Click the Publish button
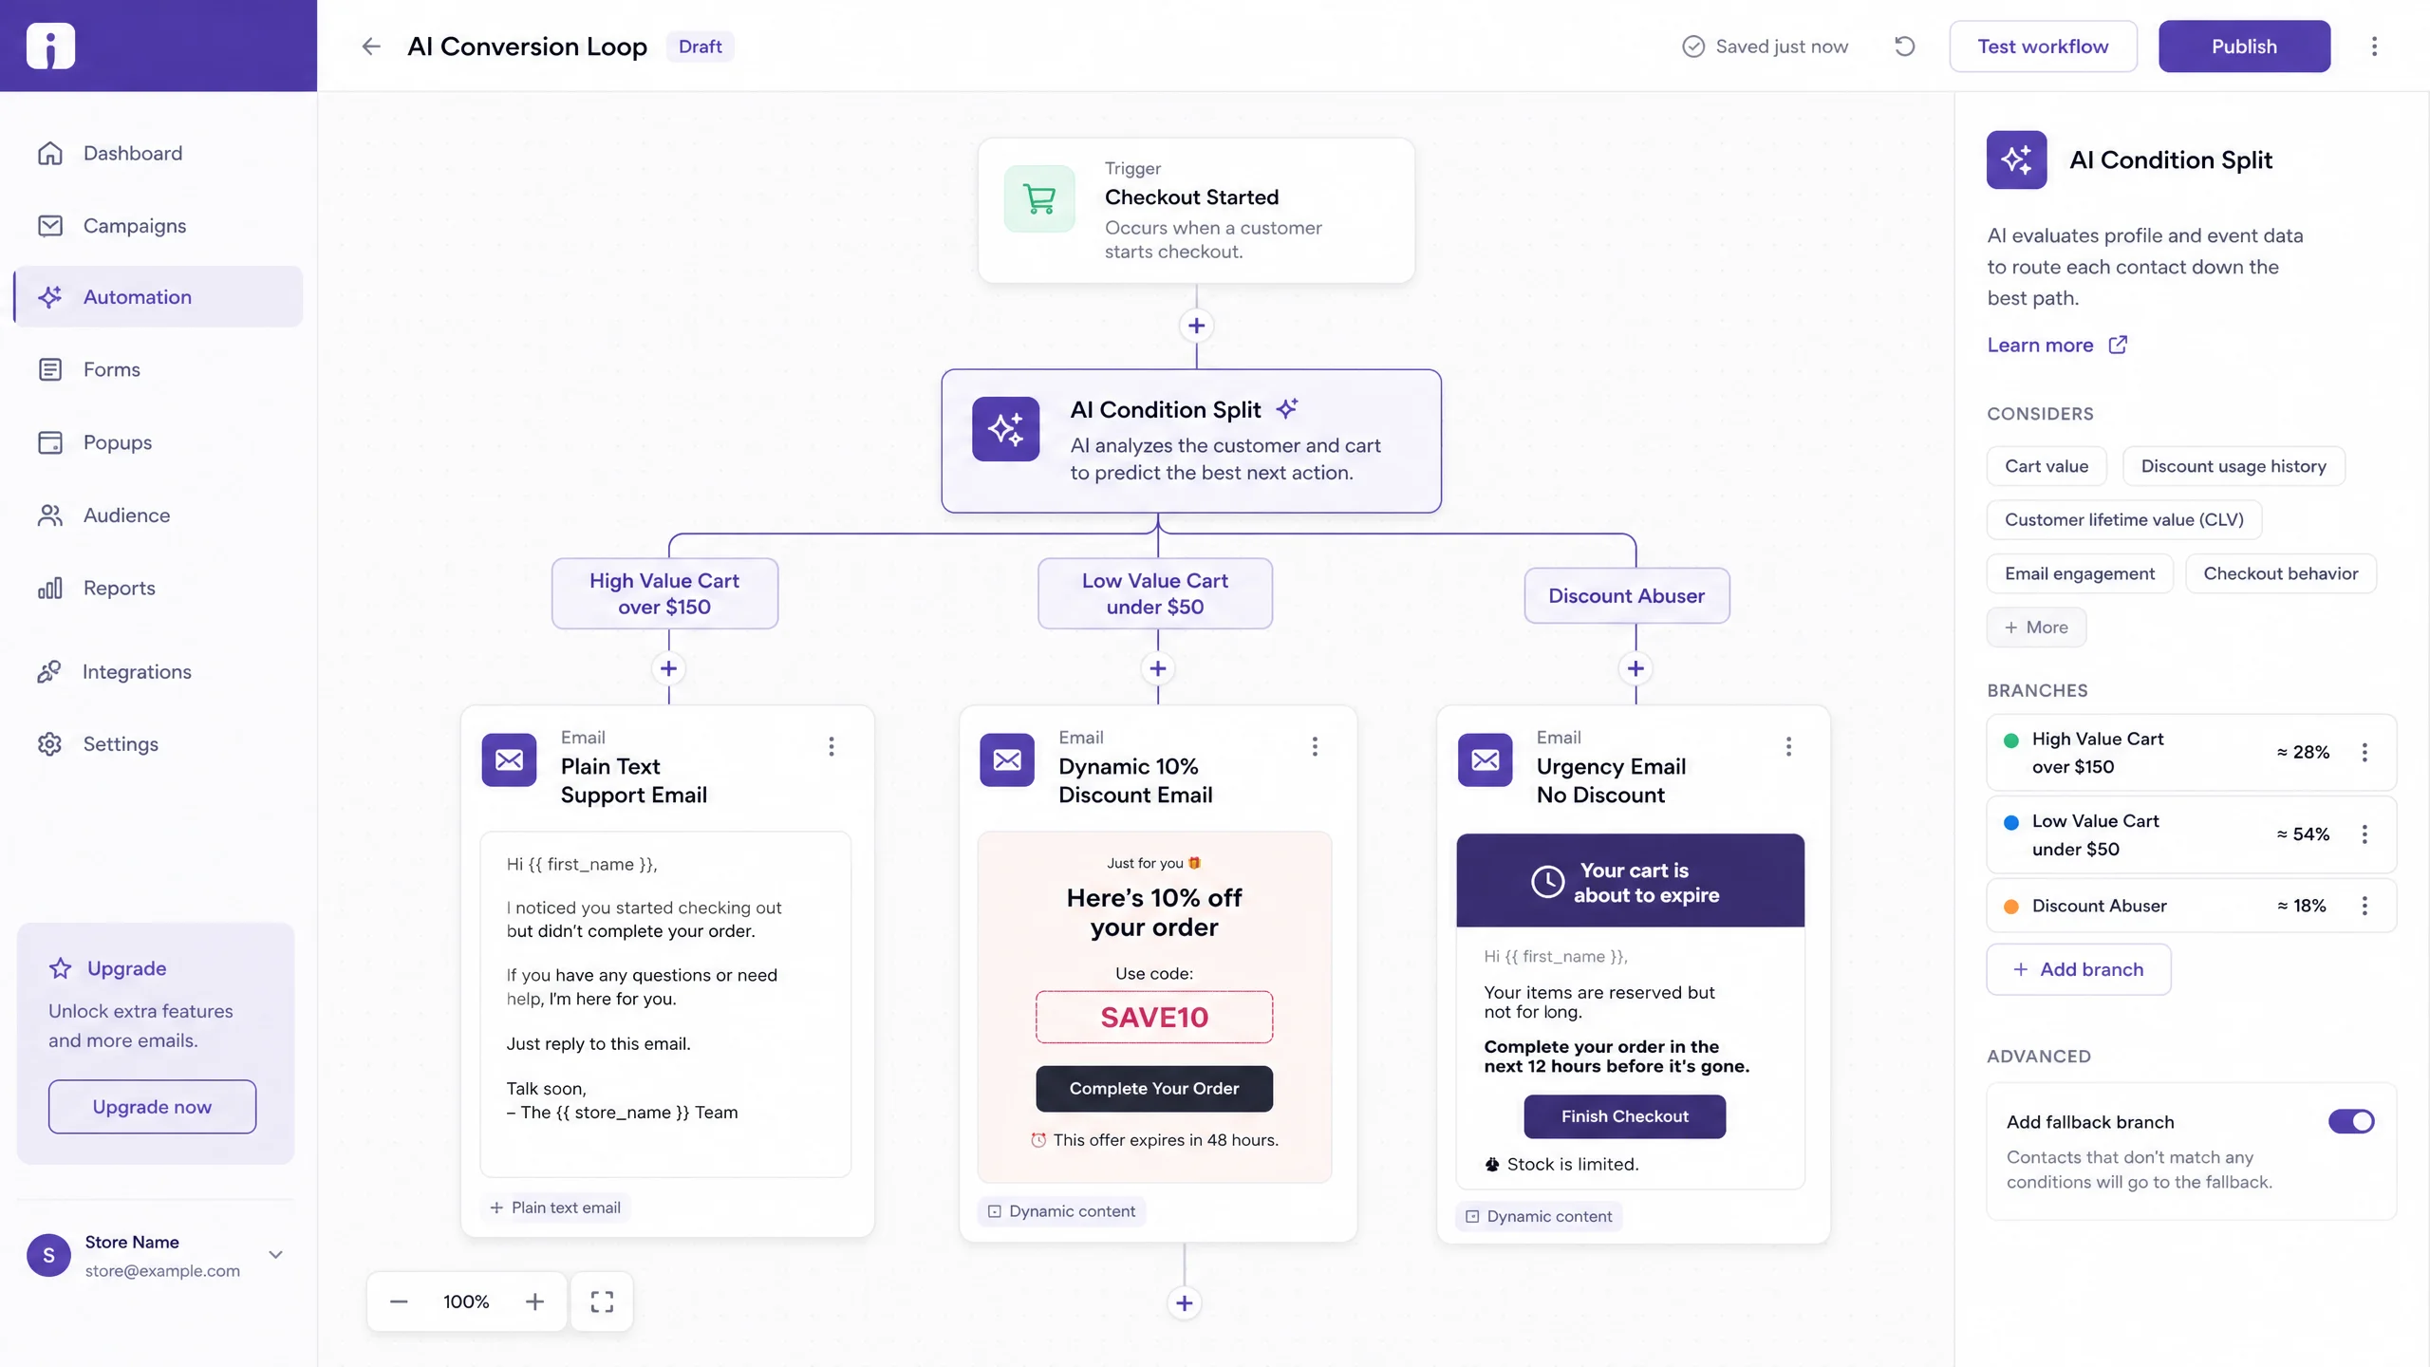(2244, 47)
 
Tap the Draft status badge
(701, 47)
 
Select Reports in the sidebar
(119, 588)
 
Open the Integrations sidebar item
(137, 672)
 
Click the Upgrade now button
(152, 1107)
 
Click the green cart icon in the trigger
(1039, 199)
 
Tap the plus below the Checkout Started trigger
(1196, 326)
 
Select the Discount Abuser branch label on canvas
(1627, 595)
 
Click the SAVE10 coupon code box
(1154, 1018)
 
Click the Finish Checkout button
(1625, 1116)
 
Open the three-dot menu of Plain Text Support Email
(832, 747)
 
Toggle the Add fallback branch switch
(2351, 1122)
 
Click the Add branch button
(2079, 969)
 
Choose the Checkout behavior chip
(2280, 573)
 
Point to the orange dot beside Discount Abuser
(2010, 907)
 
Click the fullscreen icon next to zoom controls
(602, 1301)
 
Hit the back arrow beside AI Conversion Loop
(371, 47)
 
